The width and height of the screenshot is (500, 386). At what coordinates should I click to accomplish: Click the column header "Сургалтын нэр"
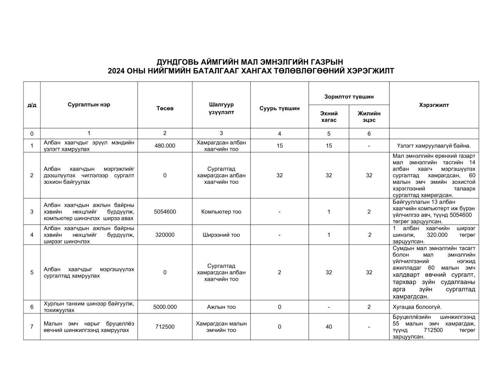89,105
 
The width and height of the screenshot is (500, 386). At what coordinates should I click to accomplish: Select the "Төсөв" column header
165,108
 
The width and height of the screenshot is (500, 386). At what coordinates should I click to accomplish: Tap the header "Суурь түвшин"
279,108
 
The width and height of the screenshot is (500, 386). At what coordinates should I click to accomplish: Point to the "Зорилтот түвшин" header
348,96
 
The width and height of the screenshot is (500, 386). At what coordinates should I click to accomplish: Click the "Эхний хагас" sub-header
329,116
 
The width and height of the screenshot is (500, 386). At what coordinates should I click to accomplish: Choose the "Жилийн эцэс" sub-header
369,116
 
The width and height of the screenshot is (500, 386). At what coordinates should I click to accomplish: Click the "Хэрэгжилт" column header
434,105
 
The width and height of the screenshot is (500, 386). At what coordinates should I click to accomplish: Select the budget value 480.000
165,146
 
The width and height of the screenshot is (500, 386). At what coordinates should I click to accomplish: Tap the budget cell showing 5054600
165,211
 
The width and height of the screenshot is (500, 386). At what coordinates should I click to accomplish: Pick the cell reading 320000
165,235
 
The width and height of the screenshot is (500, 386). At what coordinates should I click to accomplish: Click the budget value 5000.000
165,307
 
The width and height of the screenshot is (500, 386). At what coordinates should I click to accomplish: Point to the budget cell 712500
165,327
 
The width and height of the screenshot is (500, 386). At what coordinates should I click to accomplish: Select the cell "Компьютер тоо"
221,211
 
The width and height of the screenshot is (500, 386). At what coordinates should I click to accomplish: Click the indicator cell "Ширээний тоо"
221,235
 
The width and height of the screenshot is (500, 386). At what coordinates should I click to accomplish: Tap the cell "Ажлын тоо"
221,307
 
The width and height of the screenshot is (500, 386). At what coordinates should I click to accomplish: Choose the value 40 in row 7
329,327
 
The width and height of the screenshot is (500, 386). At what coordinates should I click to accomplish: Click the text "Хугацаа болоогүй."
417,307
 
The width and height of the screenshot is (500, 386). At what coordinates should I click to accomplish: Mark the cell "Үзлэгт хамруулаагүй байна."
434,146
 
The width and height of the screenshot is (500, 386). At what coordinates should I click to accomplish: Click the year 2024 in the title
116,71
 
